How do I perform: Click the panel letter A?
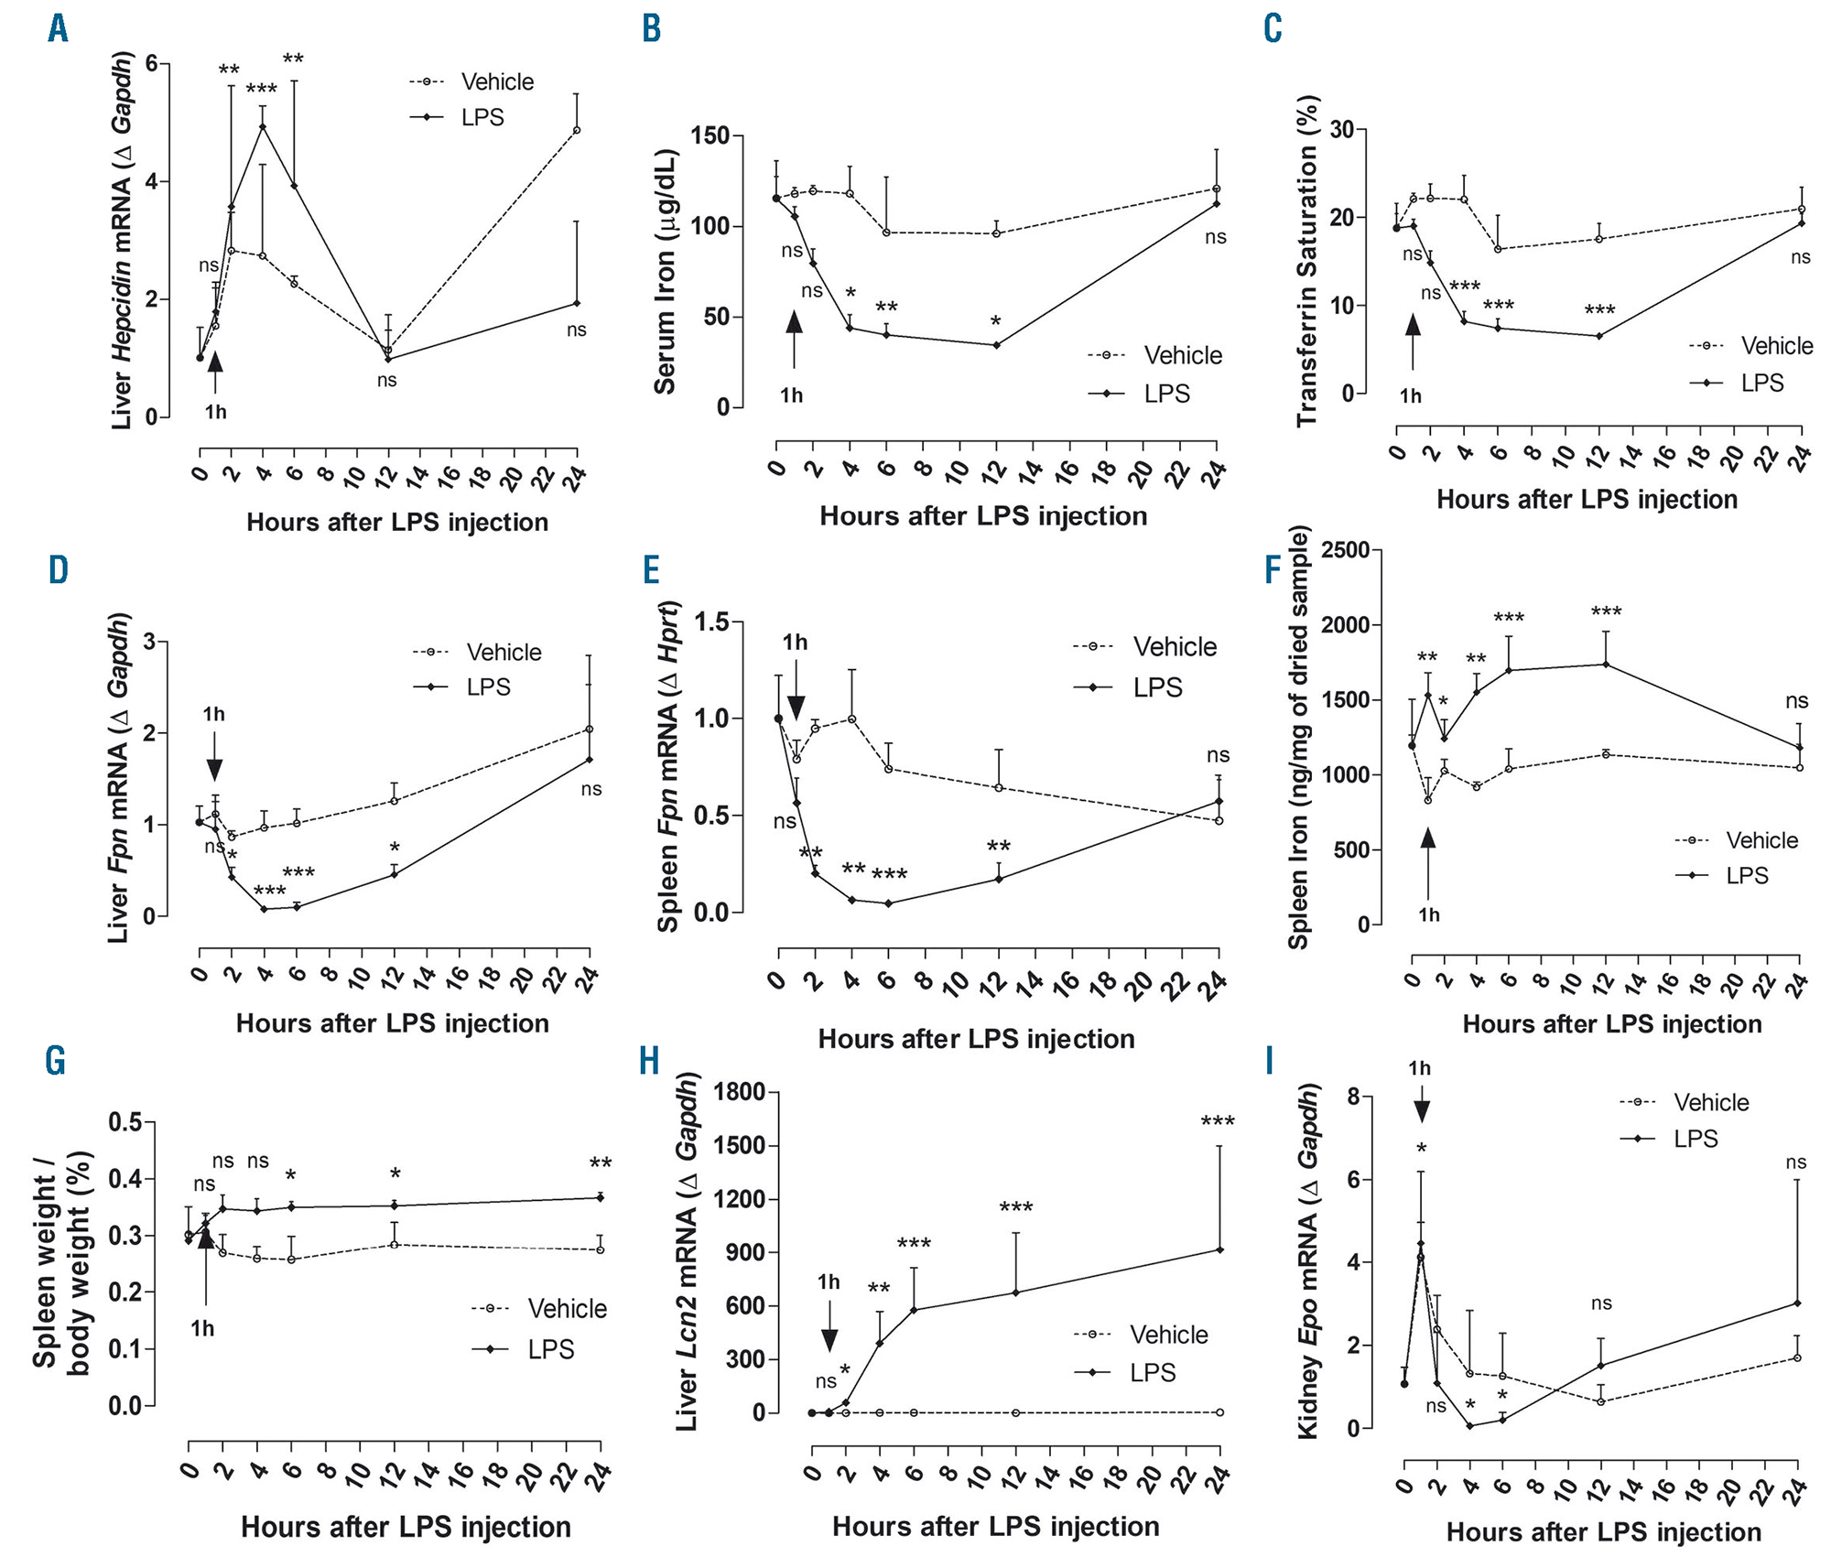pos(58,29)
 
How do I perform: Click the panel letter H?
pos(649,1062)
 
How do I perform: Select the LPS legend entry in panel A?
pos(482,118)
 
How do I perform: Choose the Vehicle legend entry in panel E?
pos(1174,647)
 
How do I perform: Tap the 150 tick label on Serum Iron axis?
pos(710,136)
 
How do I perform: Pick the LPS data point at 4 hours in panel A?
pos(263,126)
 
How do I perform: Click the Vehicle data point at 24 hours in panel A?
pos(576,130)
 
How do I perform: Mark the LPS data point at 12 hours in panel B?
pos(996,345)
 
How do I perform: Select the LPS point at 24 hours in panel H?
pos(1219,1250)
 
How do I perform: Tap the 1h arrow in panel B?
pos(794,338)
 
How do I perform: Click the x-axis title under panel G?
pos(406,1527)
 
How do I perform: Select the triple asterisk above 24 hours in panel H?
pos(1218,1122)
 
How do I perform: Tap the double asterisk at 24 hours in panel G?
pos(601,1164)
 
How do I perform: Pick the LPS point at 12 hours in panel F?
pos(1606,665)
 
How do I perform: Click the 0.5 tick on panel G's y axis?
pos(125,1122)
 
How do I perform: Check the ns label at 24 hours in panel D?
pos(591,789)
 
